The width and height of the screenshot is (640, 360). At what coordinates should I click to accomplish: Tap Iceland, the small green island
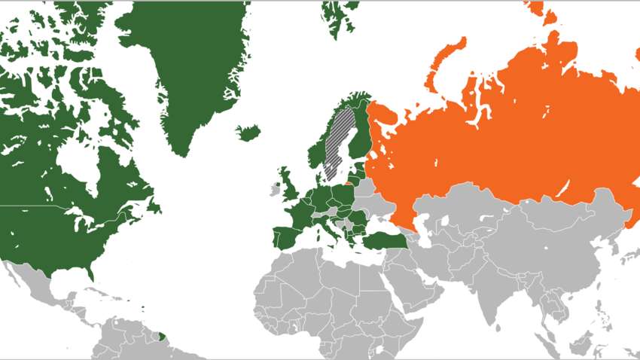247,133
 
